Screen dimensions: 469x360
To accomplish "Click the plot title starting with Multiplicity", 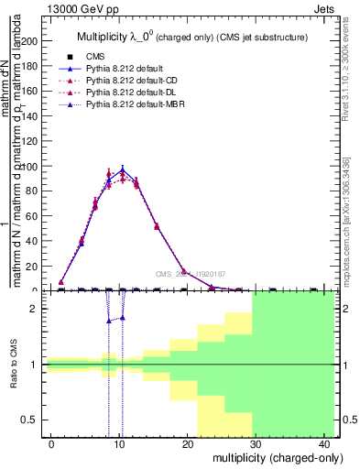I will pyautogui.click(x=191, y=37).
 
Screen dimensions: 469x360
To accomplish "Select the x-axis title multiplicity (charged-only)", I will pyautogui.click(x=266, y=456).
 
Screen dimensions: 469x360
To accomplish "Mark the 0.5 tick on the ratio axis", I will pyautogui.click(x=31, y=420).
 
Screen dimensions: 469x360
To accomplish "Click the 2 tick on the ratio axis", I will pyautogui.click(x=37, y=309).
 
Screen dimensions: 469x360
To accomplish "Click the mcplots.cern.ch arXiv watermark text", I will pyautogui.click(x=346, y=219).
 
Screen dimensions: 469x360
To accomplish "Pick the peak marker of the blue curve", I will pyautogui.click(x=122, y=170).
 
